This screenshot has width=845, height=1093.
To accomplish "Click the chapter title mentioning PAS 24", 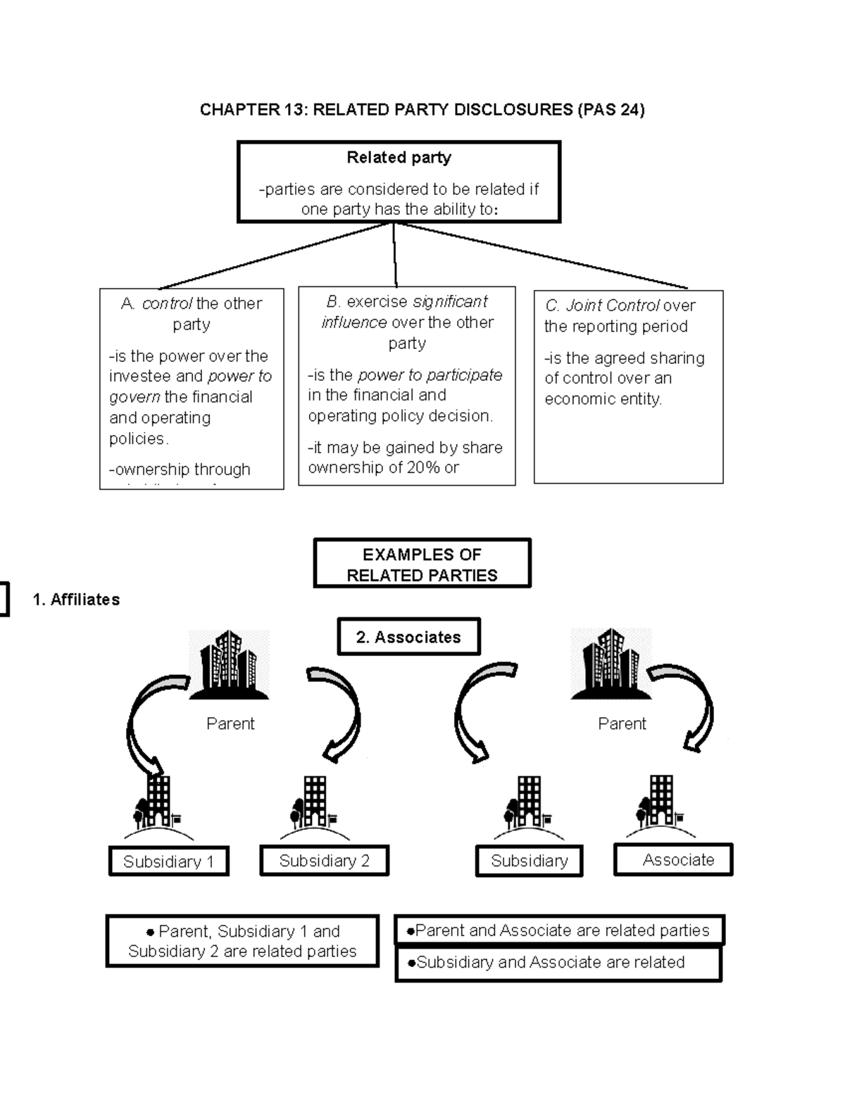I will (422, 109).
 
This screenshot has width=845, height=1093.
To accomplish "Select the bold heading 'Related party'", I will (399, 158).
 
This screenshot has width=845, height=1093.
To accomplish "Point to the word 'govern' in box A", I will (134, 397).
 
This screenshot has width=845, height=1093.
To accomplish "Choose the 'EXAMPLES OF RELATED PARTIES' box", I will (422, 564).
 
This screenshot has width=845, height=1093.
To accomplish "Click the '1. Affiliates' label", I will (76, 600).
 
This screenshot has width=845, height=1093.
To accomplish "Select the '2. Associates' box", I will (408, 637).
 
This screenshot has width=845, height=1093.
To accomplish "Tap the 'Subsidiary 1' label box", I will (169, 861).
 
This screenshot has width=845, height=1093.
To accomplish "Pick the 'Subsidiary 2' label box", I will (324, 861).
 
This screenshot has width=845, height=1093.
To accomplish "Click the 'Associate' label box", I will (673, 860).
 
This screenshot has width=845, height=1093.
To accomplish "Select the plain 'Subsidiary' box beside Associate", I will (529, 861).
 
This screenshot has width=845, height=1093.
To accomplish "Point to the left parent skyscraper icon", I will (229, 665).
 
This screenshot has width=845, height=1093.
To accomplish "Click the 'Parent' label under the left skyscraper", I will (230, 724).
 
